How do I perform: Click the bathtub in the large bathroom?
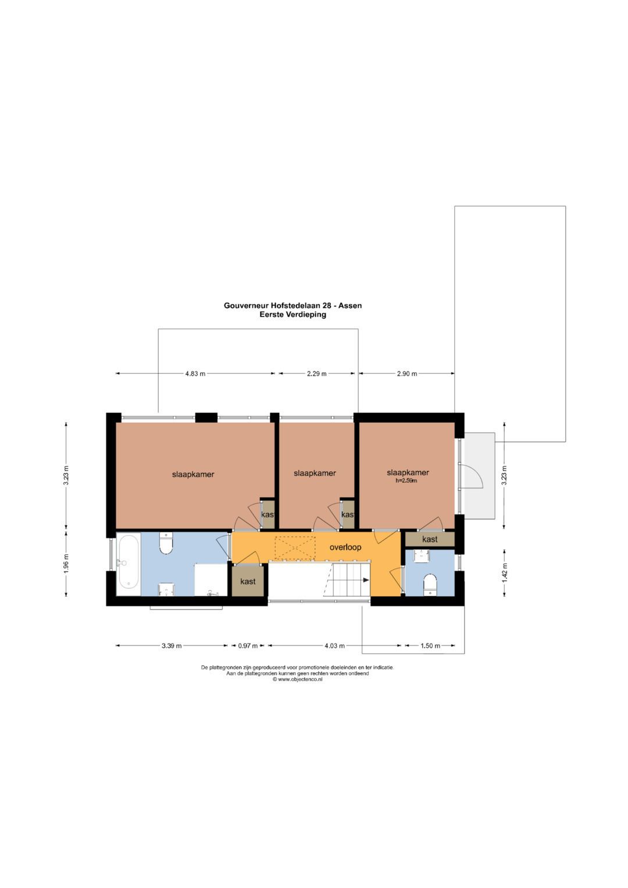pyautogui.click(x=128, y=562)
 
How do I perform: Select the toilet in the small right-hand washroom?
pyautogui.click(x=430, y=583)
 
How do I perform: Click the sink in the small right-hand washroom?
pyautogui.click(x=422, y=555)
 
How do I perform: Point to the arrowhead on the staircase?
pyautogui.click(x=365, y=580)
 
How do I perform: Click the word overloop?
pyautogui.click(x=345, y=547)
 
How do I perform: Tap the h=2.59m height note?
pyautogui.click(x=406, y=481)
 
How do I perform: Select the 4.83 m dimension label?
pyautogui.click(x=195, y=374)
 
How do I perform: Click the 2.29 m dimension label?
pyautogui.click(x=316, y=374)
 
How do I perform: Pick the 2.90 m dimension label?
pyautogui.click(x=406, y=374)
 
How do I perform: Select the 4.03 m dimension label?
pyautogui.click(x=334, y=646)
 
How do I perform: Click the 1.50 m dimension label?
pyautogui.click(x=430, y=646)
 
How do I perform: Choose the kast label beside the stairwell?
pyautogui.click(x=248, y=582)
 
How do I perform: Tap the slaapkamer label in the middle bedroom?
pyautogui.click(x=315, y=473)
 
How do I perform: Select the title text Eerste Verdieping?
pyautogui.click(x=292, y=315)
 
